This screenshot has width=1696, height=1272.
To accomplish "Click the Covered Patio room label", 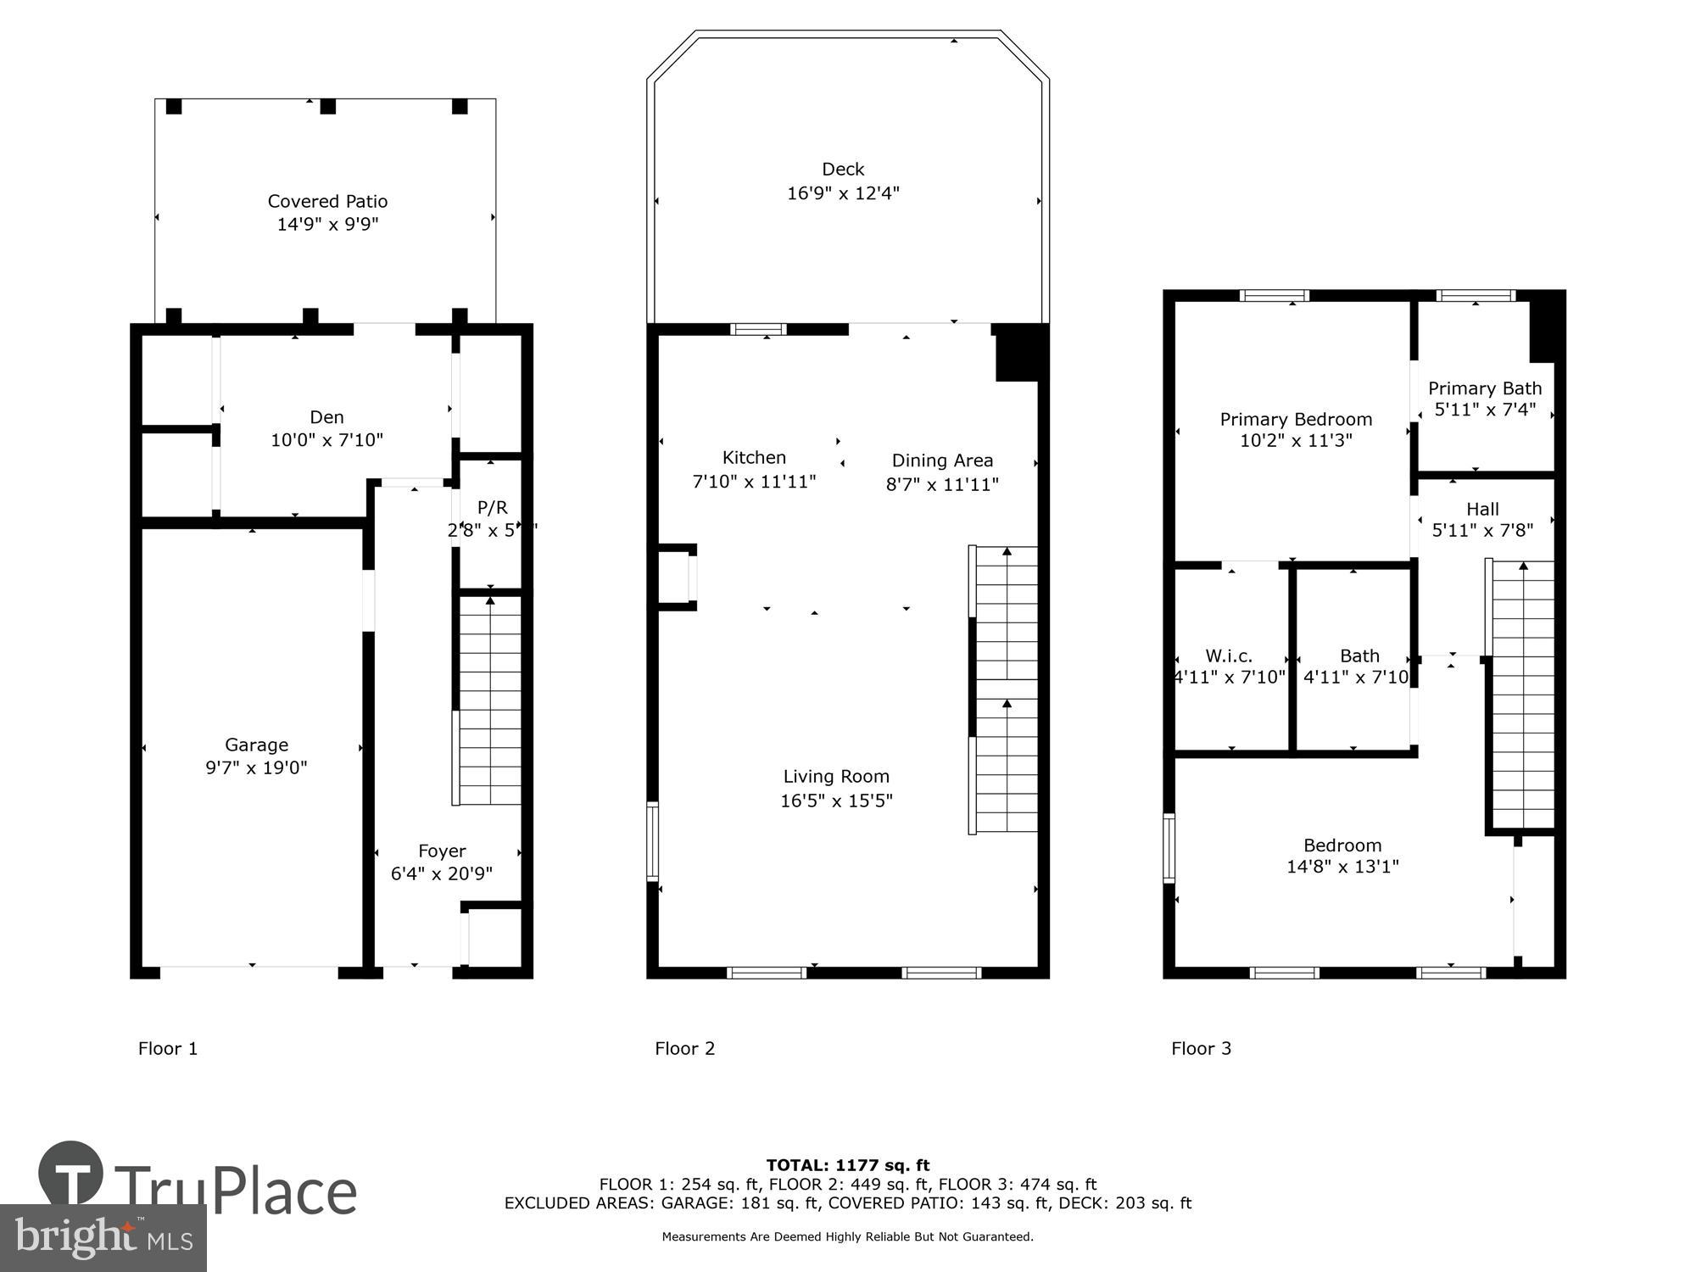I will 327,202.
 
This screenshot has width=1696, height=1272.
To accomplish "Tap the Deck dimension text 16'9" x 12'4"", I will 843,193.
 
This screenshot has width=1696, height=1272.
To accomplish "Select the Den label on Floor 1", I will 326,417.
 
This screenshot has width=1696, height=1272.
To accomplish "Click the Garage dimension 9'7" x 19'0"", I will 256,768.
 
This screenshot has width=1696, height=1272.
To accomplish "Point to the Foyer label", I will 442,851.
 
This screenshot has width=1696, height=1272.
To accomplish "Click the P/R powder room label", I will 492,508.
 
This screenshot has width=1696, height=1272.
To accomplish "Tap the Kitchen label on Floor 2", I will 754,458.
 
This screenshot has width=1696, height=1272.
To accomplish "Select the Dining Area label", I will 942,460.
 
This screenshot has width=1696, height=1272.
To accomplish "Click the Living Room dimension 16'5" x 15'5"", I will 836,801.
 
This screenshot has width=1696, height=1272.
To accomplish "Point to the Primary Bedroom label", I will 1296,419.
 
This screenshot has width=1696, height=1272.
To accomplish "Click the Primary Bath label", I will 1485,388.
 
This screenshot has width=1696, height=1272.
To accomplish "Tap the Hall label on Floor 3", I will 1482,509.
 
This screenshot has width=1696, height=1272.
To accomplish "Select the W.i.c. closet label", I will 1229,656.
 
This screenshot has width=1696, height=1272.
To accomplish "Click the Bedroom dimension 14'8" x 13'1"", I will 1342,867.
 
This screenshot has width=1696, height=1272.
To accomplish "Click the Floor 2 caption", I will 684,1048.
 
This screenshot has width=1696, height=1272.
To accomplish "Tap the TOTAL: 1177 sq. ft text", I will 848,1165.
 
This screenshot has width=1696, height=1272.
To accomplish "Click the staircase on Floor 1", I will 489,700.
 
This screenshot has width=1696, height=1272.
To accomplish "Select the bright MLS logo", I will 103,1238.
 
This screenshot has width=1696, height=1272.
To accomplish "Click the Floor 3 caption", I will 1201,1048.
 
